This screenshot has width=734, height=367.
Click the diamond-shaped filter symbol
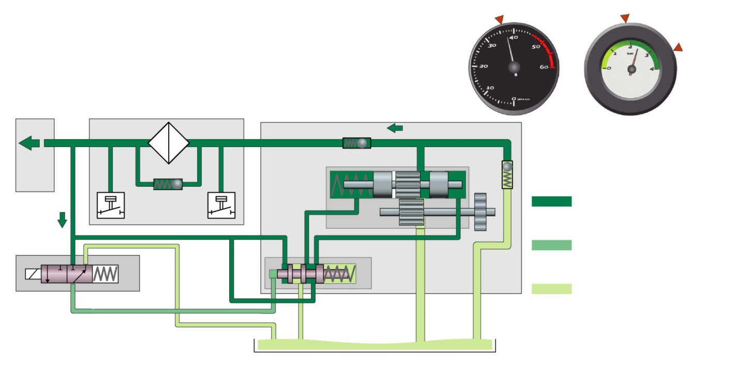coord(169,143)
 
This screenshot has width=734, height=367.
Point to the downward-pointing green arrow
coord(62,219)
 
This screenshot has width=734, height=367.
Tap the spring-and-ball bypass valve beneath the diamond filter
coord(168,184)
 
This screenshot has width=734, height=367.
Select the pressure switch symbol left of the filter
coord(111,205)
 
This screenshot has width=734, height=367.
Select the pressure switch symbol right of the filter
coord(221,205)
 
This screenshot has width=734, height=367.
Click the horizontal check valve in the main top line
coord(357,143)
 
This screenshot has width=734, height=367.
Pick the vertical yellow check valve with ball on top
coord(507,174)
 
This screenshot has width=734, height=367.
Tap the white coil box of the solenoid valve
coord(33,274)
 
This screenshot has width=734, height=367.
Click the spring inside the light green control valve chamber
coord(340,273)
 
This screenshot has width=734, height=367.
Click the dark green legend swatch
coord(551,201)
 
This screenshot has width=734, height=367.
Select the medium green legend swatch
coord(551,245)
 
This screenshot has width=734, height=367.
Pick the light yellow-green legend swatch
coord(551,289)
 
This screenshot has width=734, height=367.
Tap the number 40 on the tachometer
coord(514,37)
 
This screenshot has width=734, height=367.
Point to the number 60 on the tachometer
coord(544,67)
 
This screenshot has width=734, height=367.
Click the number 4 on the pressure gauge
coord(652,68)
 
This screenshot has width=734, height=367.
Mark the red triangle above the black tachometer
coord(499,19)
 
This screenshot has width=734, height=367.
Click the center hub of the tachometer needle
coord(514,67)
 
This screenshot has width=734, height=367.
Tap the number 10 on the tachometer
coord(489,87)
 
